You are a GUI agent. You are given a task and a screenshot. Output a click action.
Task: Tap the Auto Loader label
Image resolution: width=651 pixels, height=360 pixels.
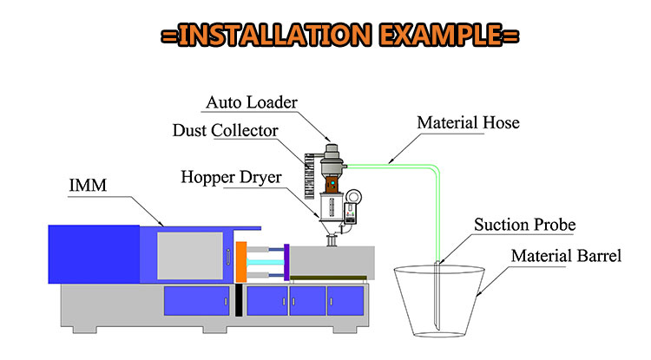251,102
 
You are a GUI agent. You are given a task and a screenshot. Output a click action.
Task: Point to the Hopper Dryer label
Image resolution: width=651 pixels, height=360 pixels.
231,177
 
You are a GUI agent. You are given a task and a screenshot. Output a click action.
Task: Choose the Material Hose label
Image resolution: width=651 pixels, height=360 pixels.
468,122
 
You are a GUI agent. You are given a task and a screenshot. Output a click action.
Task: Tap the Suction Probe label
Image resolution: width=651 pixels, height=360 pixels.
524,226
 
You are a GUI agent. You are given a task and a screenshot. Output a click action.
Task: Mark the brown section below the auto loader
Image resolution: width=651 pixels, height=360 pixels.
331,185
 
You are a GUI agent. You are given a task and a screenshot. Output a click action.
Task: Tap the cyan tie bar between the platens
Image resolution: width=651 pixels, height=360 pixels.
264,260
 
